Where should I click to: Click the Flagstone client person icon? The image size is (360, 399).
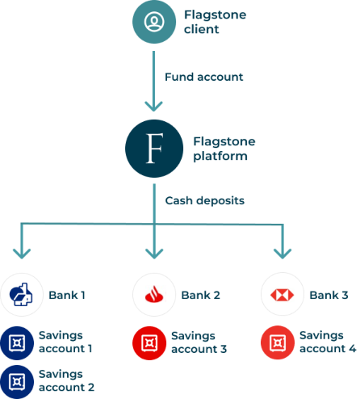click(154, 22)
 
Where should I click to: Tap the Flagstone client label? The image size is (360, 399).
click(215, 22)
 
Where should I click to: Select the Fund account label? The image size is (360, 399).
click(204, 77)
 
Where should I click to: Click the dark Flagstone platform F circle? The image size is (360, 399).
click(154, 149)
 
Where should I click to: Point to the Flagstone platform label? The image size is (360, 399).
click(224, 149)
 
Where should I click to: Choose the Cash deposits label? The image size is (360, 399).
click(205, 200)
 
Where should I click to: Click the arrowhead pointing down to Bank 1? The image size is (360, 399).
click(22, 254)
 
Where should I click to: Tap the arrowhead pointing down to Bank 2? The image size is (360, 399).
click(154, 254)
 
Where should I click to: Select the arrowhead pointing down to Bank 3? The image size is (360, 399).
click(283, 254)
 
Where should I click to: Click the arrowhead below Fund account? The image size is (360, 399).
click(153, 107)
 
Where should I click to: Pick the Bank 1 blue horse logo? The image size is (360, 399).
click(21, 295)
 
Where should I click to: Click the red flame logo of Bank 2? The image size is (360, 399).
click(154, 294)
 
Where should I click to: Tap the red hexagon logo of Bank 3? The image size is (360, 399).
click(283, 295)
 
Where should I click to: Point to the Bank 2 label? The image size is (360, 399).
click(201, 295)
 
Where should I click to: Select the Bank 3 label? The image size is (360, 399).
click(329, 295)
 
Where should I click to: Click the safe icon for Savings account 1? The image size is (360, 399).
click(17, 343)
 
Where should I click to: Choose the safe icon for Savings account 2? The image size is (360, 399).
click(17, 382)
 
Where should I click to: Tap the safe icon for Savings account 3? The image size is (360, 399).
click(149, 343)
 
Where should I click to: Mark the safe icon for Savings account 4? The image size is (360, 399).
click(278, 342)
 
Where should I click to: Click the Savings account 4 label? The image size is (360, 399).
click(328, 342)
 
